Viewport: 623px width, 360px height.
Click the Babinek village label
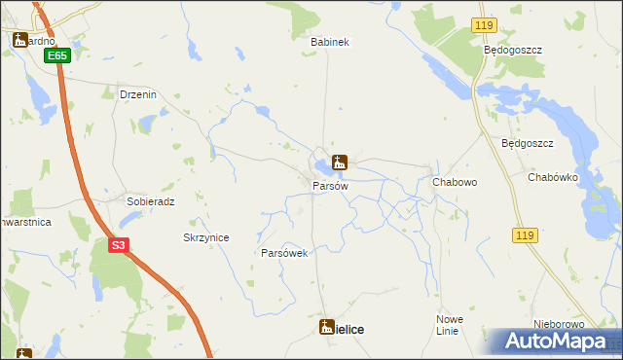[x=329, y=43]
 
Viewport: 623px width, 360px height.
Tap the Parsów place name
[x=330, y=185]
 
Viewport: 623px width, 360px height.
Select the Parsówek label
[x=284, y=253]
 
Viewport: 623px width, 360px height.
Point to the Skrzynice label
[x=206, y=237]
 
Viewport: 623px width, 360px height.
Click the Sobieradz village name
[x=150, y=201]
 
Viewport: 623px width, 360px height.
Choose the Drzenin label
[x=137, y=94]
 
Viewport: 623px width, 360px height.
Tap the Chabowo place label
[x=454, y=182]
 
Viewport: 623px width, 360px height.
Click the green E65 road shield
[x=57, y=56]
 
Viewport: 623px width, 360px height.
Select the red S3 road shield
[x=118, y=245]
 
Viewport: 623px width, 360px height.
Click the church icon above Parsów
[x=340, y=162]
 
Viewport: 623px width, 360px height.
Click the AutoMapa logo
[x=559, y=342]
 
